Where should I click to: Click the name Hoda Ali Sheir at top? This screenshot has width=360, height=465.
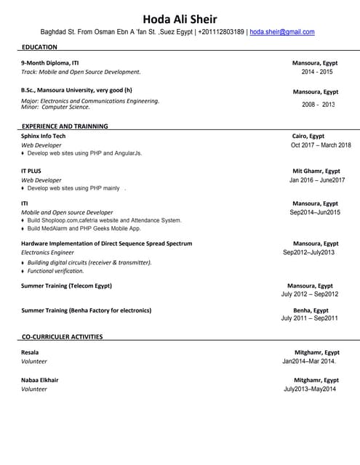(x=180, y=18)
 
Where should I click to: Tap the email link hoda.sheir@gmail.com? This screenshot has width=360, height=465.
(x=282, y=32)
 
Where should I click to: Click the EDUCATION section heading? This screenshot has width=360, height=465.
(x=39, y=47)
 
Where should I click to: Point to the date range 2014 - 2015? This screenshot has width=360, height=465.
(x=317, y=72)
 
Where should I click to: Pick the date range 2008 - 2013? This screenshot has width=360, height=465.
(x=319, y=105)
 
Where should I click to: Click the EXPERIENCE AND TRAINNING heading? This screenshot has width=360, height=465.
(x=65, y=126)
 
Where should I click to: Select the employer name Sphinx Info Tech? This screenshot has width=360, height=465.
(x=44, y=136)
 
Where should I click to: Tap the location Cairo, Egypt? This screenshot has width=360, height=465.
(x=308, y=136)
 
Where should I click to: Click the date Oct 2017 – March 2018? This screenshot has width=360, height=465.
(x=321, y=145)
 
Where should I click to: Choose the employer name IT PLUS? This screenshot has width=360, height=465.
(x=31, y=171)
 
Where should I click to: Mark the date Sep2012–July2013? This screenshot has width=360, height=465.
(x=309, y=252)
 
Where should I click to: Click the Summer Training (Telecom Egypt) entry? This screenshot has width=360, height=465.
(x=67, y=286)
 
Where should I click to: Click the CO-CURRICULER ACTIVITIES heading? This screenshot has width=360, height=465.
(x=62, y=336)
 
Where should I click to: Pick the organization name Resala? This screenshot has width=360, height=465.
(x=31, y=352)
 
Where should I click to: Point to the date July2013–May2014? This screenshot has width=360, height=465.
(x=310, y=389)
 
